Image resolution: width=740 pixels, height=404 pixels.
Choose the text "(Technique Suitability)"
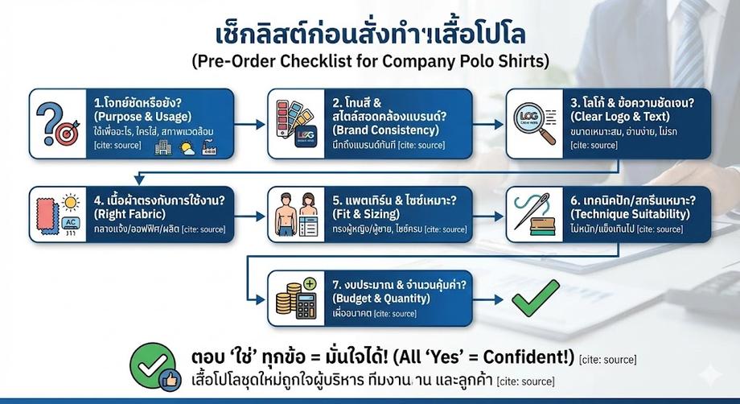tap(627, 215)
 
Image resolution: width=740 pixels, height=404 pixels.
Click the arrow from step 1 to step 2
tap(250, 124)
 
